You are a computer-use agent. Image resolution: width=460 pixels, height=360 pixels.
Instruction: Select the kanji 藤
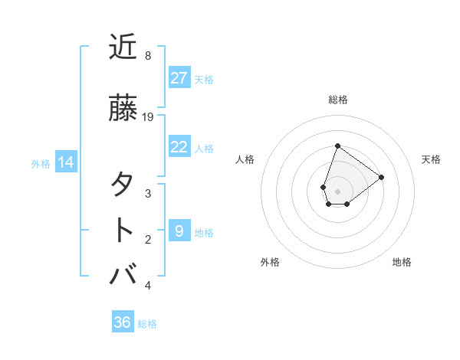(x=123, y=108)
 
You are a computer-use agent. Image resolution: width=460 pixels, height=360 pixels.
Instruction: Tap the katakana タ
(x=123, y=185)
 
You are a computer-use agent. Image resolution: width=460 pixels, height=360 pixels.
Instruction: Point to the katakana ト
(x=123, y=230)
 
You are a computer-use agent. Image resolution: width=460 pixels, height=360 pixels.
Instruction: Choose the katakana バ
(x=123, y=275)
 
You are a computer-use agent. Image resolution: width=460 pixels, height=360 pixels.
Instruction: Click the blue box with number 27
(x=179, y=78)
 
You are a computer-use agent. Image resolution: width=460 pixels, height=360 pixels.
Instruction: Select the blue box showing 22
(x=179, y=147)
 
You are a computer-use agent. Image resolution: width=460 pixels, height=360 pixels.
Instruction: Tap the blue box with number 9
(x=179, y=231)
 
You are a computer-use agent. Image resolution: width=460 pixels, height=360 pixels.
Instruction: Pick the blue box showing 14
(x=66, y=162)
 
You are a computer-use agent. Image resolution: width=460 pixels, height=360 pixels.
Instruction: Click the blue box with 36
(x=123, y=322)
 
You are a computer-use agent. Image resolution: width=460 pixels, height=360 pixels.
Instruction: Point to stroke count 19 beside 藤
(x=149, y=116)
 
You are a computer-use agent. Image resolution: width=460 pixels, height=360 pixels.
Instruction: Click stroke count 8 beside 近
(x=148, y=56)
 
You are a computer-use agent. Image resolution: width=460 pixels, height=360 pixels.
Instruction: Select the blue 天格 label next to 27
(x=204, y=79)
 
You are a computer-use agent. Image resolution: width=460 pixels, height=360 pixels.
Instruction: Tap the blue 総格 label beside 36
(x=147, y=324)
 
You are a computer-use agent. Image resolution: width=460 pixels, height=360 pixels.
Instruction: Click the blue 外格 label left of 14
(x=41, y=163)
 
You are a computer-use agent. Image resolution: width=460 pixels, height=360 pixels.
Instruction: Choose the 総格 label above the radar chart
(x=337, y=100)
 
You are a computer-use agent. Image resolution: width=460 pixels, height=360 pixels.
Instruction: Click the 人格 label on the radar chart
(x=245, y=159)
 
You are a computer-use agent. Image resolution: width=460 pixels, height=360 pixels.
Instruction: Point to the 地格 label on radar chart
(x=402, y=262)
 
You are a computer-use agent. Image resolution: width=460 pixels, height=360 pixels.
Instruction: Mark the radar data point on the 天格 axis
(x=381, y=176)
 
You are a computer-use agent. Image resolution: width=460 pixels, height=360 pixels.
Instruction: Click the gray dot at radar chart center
(x=337, y=190)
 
